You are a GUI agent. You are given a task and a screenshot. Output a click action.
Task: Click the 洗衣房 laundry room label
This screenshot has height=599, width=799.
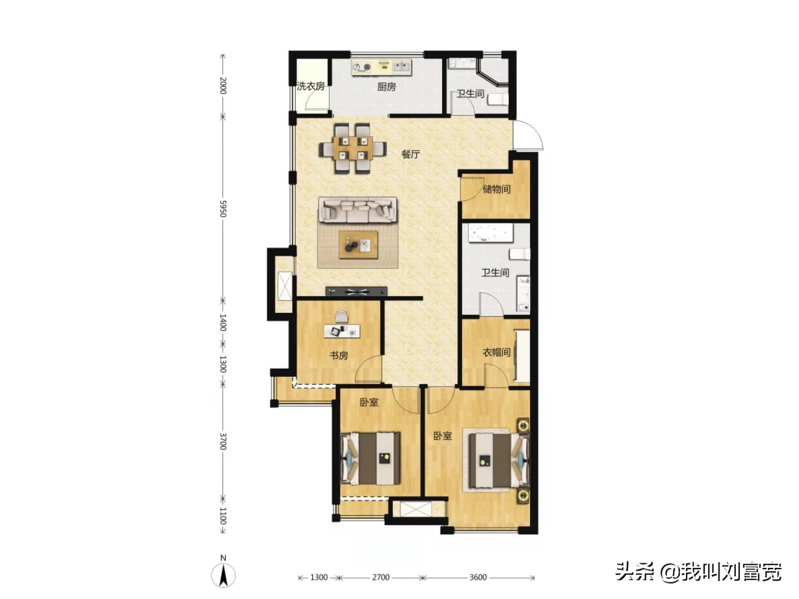pyautogui.click(x=310, y=86)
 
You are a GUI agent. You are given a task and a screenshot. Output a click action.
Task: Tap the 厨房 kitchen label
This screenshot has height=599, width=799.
pyautogui.click(x=386, y=87)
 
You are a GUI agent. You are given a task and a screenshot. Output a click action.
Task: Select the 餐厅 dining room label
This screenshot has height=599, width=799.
pyautogui.click(x=411, y=154)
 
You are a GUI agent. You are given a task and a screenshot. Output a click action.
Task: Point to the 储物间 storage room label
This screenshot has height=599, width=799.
pyautogui.click(x=496, y=189)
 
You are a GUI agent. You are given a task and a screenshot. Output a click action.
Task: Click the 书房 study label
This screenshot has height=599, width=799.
pyautogui.click(x=338, y=356)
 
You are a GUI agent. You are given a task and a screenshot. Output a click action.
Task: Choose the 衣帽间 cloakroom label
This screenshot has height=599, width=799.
pyautogui.click(x=495, y=352)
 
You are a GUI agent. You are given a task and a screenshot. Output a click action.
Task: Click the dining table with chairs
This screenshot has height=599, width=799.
pyautogui.click(x=352, y=149)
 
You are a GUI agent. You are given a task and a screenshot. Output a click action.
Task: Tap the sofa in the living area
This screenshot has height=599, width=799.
pyautogui.click(x=357, y=210)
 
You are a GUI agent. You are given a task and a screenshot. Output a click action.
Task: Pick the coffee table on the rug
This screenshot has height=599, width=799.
pyautogui.click(x=358, y=245)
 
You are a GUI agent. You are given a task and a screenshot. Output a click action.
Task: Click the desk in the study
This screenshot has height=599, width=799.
pyautogui.click(x=342, y=331)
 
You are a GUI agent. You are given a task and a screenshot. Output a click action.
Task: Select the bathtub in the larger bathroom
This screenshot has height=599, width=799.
pyautogui.click(x=491, y=233)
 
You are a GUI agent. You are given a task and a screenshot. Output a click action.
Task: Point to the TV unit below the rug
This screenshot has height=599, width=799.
pyautogui.click(x=356, y=291)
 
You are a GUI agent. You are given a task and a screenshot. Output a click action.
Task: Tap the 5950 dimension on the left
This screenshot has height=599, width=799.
pyautogui.click(x=222, y=209)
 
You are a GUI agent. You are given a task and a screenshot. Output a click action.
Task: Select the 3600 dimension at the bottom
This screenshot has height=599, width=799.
pyautogui.click(x=478, y=577)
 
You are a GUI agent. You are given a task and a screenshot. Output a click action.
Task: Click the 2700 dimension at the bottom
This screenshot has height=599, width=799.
pyautogui.click(x=381, y=577)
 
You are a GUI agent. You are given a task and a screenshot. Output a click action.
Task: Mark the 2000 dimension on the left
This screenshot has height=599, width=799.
pyautogui.click(x=222, y=85)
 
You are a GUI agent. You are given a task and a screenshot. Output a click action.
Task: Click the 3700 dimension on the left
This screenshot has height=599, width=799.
pyautogui.click(x=222, y=441)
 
